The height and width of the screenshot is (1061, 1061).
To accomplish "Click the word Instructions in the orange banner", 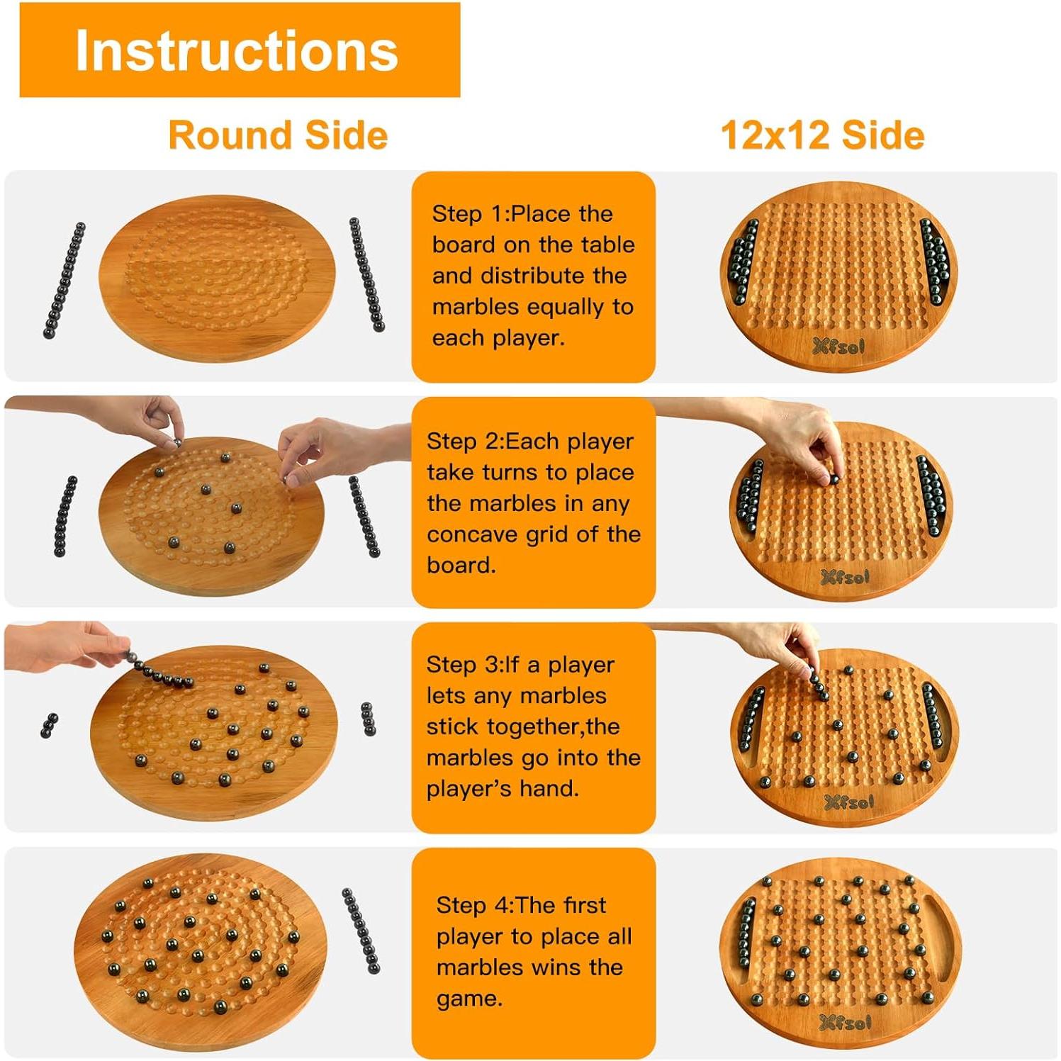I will (237, 51).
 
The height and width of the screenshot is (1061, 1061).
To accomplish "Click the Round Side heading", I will (278, 135).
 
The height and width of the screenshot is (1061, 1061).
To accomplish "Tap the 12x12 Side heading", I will (822, 135).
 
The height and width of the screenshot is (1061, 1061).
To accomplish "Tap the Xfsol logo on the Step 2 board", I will (845, 577).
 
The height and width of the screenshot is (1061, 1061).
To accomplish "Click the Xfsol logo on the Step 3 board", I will (849, 802).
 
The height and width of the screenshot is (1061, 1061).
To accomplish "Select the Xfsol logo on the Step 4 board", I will (845, 1022).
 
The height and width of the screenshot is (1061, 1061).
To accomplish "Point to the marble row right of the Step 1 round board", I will (366, 275).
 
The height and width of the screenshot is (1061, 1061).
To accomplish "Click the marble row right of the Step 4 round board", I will (361, 931).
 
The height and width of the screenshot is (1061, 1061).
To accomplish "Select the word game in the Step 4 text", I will (468, 999).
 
